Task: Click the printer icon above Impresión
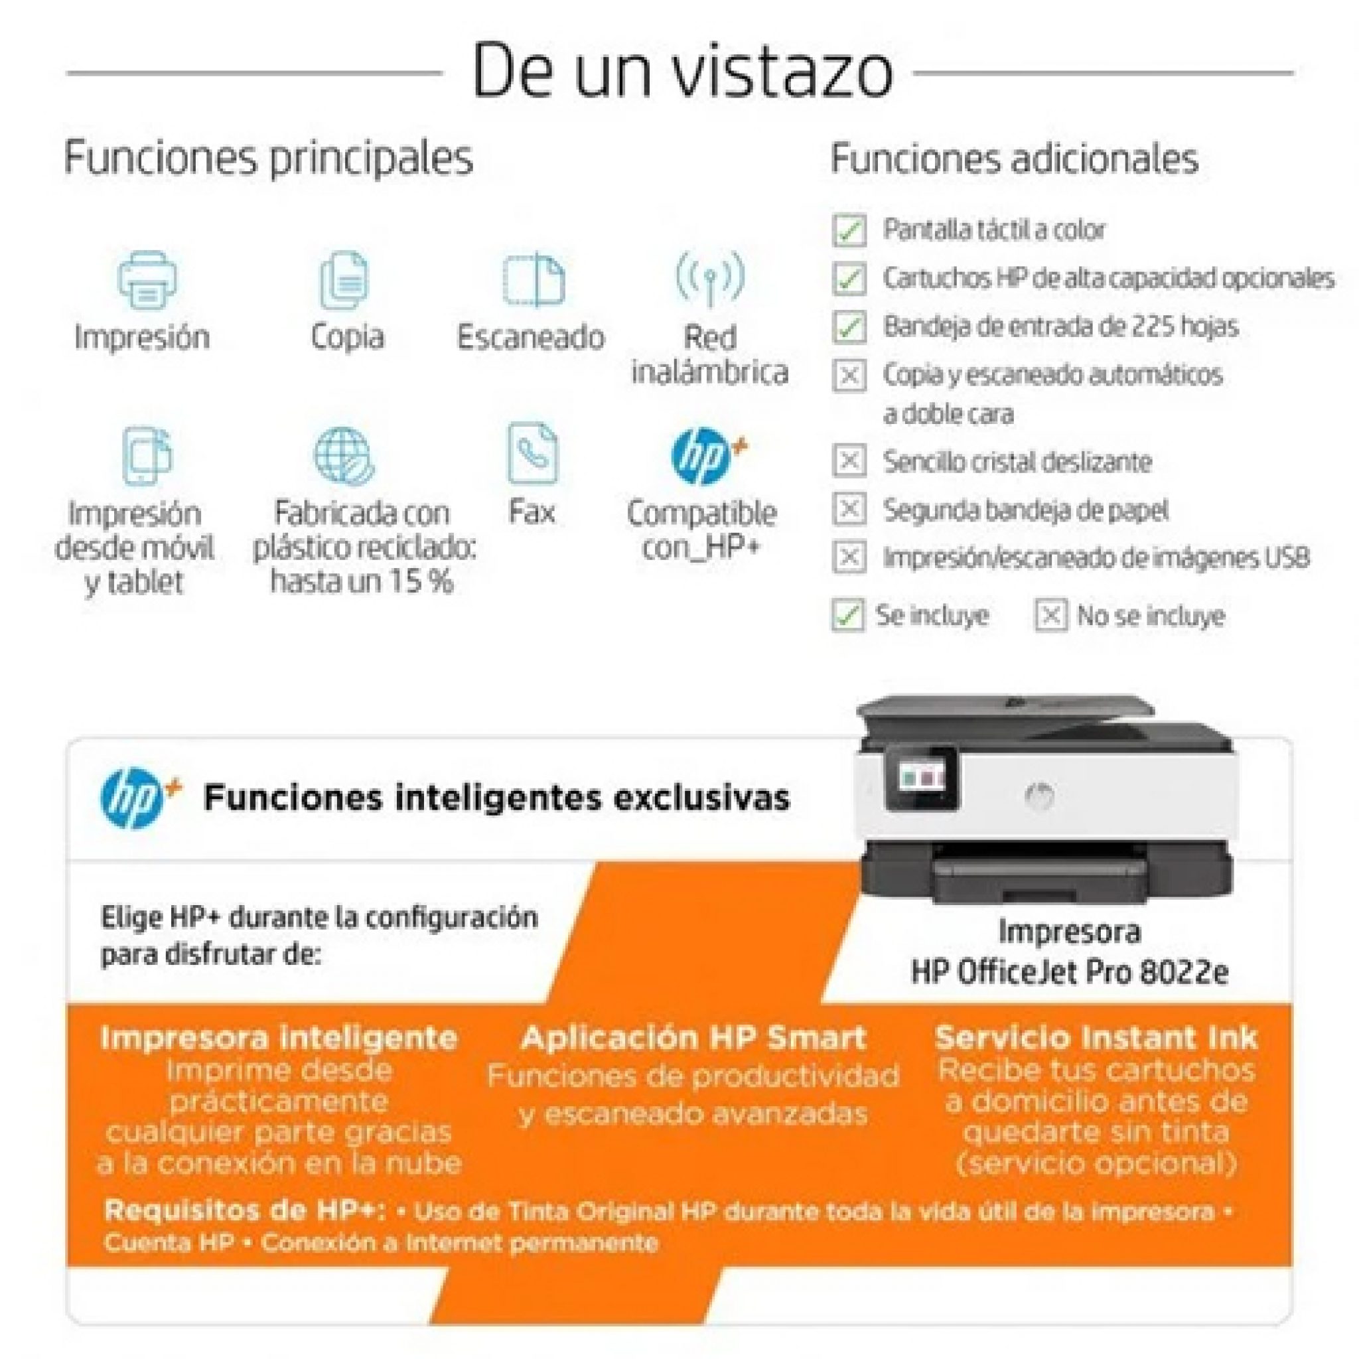coord(147,280)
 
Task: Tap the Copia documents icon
coord(344,280)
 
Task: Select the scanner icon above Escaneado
coord(534,279)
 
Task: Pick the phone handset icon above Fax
coord(532,453)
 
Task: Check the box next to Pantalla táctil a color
coord(848,230)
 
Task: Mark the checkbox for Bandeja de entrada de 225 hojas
coord(848,327)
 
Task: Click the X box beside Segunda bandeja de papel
coord(848,508)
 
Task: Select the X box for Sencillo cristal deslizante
coord(848,461)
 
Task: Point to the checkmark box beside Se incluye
coord(847,616)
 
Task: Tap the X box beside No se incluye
coord(1050,616)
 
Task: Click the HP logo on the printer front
coord(1040,795)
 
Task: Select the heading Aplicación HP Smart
coord(693,1038)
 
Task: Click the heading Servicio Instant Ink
coord(1095,1038)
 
